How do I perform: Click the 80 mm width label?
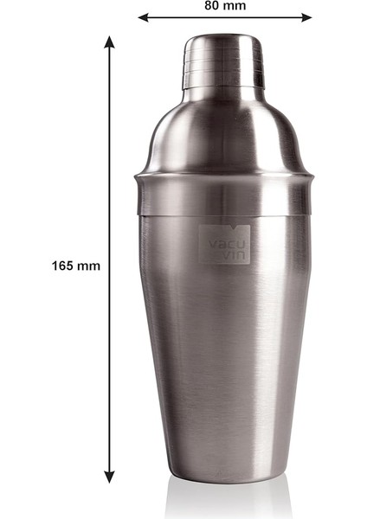pyautogui.click(x=225, y=6)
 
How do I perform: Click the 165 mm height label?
pyautogui.click(x=75, y=266)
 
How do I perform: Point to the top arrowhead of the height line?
pyautogui.click(x=110, y=41)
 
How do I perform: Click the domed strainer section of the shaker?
pyautogui.click(x=223, y=130)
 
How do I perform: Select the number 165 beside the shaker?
pyautogui.click(x=63, y=266)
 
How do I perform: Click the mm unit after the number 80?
pyautogui.click(x=235, y=6)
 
